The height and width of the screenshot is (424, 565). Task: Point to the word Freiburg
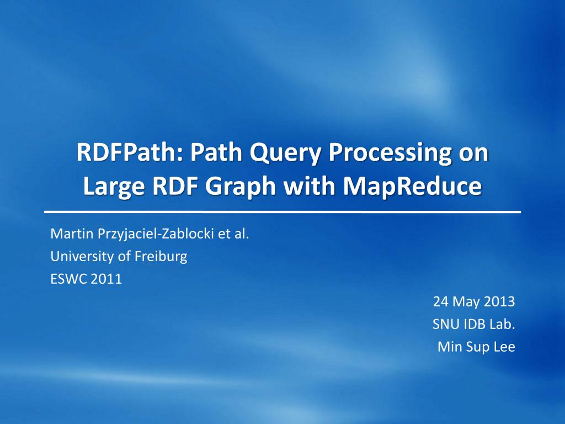click(164, 257)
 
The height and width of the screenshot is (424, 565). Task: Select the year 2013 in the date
click(498, 302)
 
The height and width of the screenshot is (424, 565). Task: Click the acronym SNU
click(445, 325)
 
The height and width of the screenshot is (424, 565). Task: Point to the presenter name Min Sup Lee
click(476, 347)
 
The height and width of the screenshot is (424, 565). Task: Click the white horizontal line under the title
click(282, 212)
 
